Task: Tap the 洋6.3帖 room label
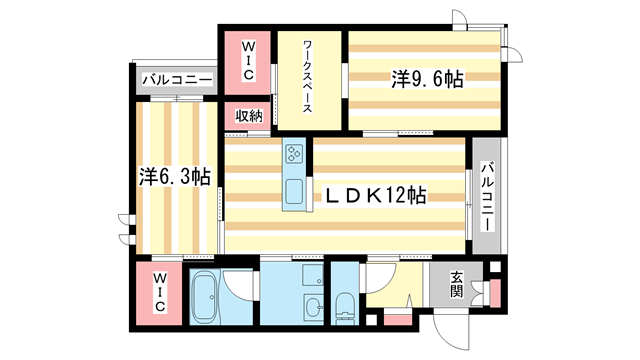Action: [x=174, y=177]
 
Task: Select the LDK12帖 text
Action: [x=372, y=196]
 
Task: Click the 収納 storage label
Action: [x=249, y=116]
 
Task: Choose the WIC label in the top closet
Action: [x=249, y=60]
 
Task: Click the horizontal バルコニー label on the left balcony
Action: [x=175, y=79]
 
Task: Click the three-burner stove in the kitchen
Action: [x=295, y=154]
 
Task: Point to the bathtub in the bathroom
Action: [x=204, y=297]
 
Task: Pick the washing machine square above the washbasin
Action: [x=309, y=276]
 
